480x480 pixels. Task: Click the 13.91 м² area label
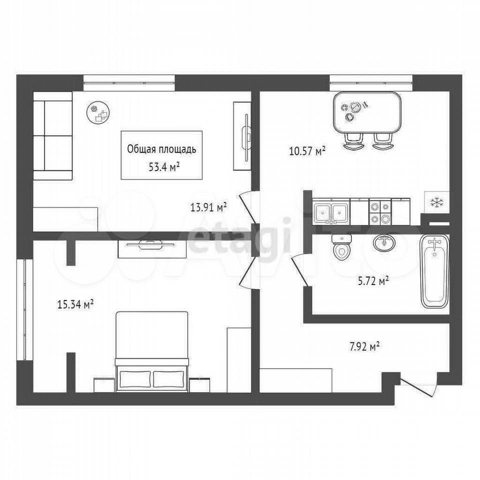208,208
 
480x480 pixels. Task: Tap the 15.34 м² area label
75,304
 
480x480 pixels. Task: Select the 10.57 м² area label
307,151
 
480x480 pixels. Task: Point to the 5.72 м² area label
373,280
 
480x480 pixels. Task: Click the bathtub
434,271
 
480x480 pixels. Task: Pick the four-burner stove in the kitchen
380,211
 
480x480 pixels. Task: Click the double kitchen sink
331,211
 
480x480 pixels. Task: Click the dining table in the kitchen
367,112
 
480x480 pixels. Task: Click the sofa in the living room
52,135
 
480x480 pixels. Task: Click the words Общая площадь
161,149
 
